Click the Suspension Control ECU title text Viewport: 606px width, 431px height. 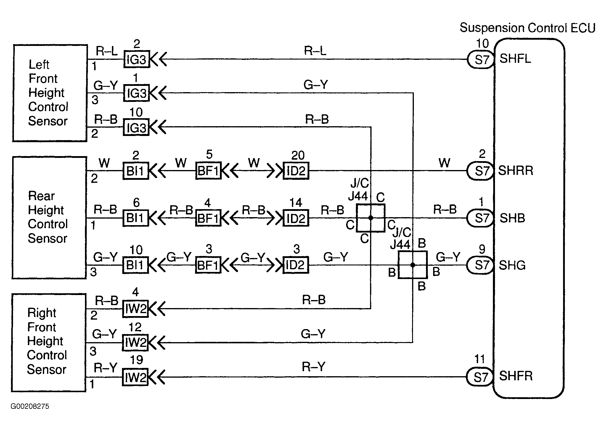(x=527, y=28)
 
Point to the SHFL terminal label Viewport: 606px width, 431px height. (x=515, y=58)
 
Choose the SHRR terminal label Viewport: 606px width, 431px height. (x=516, y=171)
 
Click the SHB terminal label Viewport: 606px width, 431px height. (x=512, y=218)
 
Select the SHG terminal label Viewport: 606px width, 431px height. (x=512, y=265)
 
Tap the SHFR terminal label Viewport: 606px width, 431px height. (x=516, y=376)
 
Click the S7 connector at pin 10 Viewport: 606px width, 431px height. (x=480, y=60)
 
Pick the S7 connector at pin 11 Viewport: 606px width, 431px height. (x=479, y=377)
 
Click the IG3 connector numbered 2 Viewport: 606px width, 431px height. (x=136, y=60)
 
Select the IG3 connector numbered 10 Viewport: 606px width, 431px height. (x=136, y=127)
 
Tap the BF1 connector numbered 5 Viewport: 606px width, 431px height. (x=208, y=171)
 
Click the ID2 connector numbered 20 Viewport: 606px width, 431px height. (x=296, y=171)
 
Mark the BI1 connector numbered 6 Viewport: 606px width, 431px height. (x=136, y=218)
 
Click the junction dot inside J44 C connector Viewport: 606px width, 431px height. (x=371, y=218)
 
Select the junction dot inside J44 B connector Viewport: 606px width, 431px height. (x=413, y=265)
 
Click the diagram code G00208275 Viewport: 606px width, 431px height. (x=30, y=406)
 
